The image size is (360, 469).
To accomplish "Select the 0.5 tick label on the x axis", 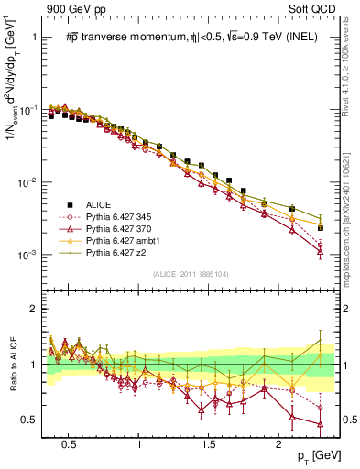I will (68, 440).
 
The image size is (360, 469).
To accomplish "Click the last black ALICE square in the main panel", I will (320, 227).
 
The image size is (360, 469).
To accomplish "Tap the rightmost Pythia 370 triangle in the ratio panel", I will (320, 423).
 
